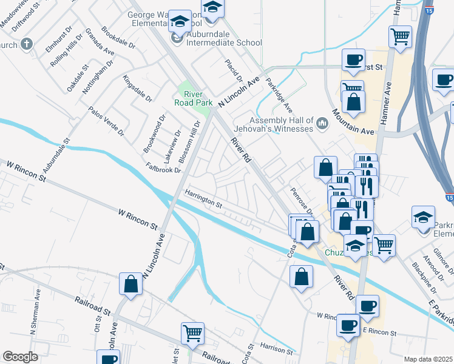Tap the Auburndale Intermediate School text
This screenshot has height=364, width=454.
click(225, 42)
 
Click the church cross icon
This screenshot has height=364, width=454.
click(25, 44)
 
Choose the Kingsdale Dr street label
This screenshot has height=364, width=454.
click(137, 88)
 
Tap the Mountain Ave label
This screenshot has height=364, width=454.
click(353, 125)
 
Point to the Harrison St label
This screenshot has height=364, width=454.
click(276, 348)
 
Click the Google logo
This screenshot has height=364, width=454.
click(20, 357)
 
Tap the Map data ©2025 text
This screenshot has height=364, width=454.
click(428, 359)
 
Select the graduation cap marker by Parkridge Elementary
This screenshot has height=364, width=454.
click(423, 216)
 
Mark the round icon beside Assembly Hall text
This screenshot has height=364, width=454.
click(322, 124)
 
